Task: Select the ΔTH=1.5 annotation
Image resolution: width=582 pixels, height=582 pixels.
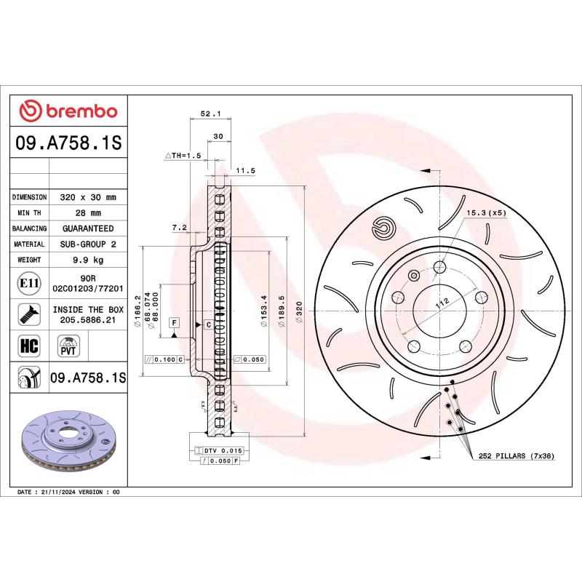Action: pos(182,156)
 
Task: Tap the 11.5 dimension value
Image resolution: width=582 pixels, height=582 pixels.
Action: pos(245,171)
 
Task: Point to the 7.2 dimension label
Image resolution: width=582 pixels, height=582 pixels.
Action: pos(179,228)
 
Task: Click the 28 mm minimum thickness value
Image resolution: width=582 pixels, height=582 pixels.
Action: pos(87,212)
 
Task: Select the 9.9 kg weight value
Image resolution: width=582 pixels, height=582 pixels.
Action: pos(87,260)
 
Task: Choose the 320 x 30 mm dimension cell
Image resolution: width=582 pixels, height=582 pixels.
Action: pos(88,197)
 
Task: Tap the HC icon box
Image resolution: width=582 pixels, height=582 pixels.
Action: pos(27,345)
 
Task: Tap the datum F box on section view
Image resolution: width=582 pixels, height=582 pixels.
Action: pos(175,322)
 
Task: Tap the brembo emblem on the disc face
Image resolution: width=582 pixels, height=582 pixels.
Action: pos(381,228)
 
